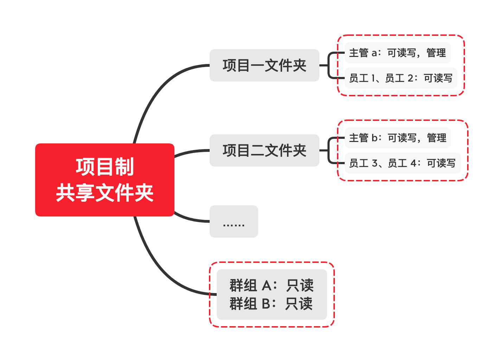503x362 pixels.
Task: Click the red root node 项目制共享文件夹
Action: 105,180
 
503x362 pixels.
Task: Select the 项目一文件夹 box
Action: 264,65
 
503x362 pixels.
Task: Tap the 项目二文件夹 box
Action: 264,150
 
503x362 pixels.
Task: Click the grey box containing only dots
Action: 234,221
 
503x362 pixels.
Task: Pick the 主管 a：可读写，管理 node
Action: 398,53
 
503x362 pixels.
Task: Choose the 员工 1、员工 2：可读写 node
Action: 401,78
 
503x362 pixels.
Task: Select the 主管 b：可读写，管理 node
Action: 398,138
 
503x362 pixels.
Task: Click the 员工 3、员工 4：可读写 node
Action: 403,163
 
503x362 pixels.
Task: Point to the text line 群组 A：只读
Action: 272,285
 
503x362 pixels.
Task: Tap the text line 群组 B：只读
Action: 271,304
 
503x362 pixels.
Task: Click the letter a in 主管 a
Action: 374,53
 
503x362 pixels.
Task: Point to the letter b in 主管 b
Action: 375,138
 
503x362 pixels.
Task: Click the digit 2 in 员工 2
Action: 410,78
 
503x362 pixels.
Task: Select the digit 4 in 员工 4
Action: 414,163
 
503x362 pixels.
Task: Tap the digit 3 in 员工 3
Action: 375,163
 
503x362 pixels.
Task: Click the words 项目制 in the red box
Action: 105,167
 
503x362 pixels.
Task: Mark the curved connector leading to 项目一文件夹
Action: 157,90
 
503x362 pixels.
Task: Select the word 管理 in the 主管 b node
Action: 437,138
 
